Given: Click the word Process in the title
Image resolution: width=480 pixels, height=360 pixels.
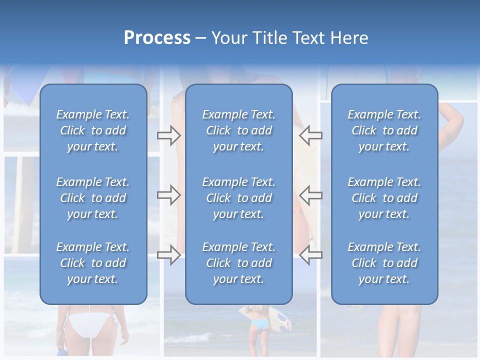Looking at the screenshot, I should point(157,38).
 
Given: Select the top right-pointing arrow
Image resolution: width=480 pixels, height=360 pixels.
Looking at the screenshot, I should point(168,135).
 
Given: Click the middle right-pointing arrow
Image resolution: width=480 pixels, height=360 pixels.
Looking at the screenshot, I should point(168,195).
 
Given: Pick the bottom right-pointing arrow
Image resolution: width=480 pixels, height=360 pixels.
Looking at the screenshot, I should point(168,255).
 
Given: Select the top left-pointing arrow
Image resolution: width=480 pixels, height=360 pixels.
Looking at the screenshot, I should point(310,135).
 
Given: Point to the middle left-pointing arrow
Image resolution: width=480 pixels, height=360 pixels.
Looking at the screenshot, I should point(310,195).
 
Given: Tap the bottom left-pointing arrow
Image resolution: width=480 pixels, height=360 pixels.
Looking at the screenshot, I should point(310,255).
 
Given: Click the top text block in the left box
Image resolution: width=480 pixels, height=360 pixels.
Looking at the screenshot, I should point(93,130).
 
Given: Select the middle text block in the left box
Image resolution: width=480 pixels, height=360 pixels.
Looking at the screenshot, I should point(93,198).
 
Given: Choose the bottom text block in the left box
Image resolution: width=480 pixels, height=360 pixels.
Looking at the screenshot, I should point(93,263).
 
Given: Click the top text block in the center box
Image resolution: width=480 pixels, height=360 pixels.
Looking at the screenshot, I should point(239,130).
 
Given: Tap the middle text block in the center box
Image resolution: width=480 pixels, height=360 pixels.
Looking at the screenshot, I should point(239,198).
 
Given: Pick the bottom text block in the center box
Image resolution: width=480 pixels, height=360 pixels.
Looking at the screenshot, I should point(239,263).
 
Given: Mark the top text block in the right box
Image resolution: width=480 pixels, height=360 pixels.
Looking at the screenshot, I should point(384,130).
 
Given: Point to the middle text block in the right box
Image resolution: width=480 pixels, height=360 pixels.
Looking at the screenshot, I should point(384,198).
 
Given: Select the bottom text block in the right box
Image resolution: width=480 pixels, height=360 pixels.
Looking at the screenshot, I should point(384,263).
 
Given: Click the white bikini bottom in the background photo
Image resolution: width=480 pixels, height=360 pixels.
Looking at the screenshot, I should point(90,322).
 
